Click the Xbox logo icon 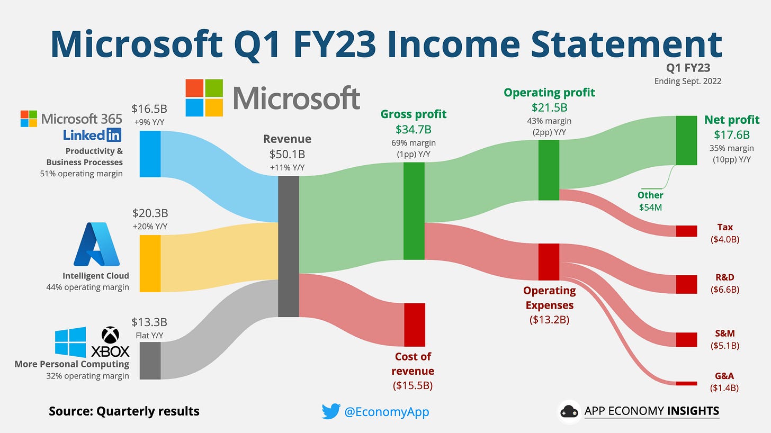[110, 335]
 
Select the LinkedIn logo [92, 135]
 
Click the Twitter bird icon [330, 411]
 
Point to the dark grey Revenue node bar [289, 246]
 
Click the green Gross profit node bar [414, 211]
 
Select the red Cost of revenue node [415, 324]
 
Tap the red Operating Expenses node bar [549, 261]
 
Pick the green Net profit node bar [686, 140]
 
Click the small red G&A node [686, 383]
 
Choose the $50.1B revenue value [287, 154]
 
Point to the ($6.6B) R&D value [725, 290]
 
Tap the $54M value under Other [650, 208]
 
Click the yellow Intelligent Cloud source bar [150, 264]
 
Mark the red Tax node [686, 231]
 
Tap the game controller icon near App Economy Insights [569, 412]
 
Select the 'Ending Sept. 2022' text [687, 81]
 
